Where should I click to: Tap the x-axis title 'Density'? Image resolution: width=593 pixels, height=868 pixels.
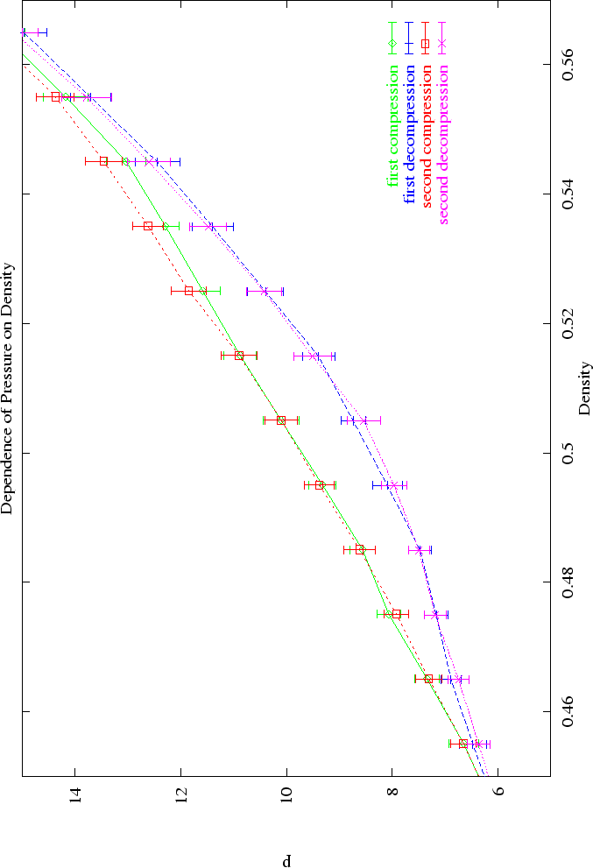[584, 388]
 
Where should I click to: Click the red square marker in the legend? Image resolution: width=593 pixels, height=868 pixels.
[426, 43]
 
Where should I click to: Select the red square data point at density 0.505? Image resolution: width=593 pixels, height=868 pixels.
[281, 420]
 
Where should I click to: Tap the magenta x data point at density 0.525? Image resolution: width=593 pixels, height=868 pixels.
[265, 291]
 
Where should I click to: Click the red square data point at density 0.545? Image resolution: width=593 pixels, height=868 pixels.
[103, 161]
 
